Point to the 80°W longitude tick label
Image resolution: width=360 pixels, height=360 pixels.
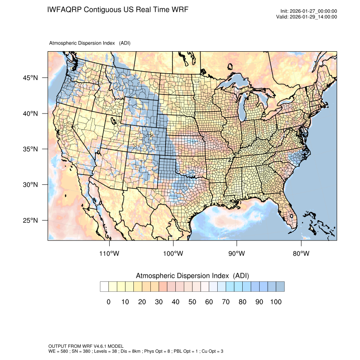click(301, 254)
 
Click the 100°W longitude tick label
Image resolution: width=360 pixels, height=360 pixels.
click(173, 254)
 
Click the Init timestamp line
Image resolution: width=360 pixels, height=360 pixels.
click(309, 11)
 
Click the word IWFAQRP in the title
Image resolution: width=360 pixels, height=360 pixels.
click(64, 9)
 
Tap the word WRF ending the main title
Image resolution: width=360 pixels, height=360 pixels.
click(180, 9)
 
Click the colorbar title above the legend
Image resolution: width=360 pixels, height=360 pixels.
click(192, 276)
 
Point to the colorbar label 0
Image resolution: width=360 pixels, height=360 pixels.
click(108, 302)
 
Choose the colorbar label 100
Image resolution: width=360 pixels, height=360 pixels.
click(276, 302)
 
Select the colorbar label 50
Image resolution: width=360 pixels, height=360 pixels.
click(192, 302)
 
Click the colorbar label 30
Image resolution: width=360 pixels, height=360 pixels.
click(159, 302)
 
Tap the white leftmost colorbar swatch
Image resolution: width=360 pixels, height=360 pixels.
click(105, 287)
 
